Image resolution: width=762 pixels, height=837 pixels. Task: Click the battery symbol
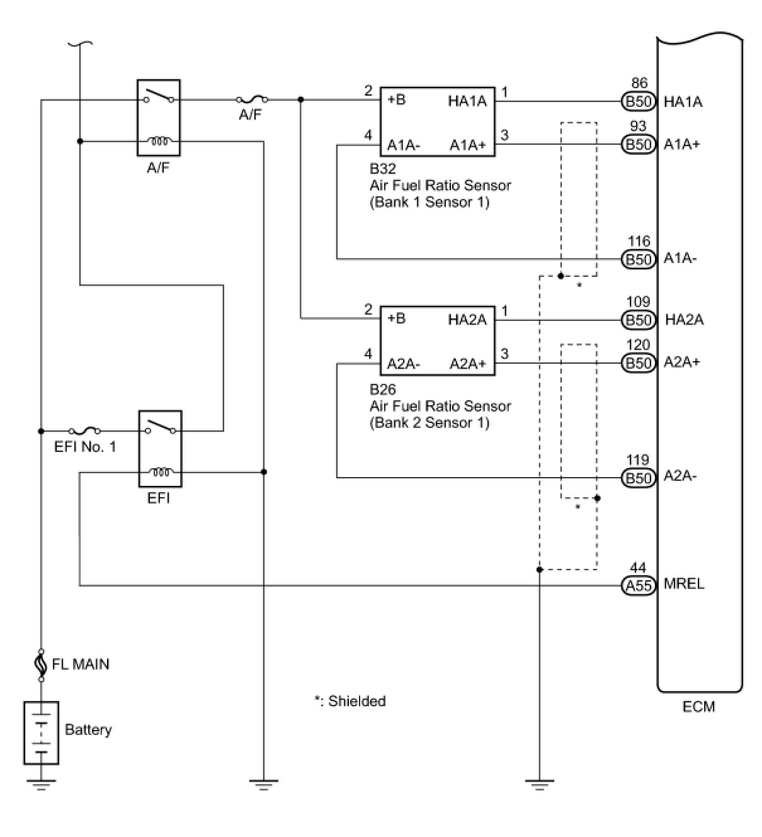41,733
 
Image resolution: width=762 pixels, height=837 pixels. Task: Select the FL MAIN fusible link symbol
42,665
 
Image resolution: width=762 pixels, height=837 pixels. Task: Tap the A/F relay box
159,118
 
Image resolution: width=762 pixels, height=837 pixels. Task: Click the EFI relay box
160,449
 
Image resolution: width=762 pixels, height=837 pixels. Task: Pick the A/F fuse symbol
251,99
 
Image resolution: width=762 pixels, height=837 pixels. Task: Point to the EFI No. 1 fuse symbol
84,431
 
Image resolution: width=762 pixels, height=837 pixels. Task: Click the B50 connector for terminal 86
638,101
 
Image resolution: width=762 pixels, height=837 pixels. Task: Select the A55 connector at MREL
638,586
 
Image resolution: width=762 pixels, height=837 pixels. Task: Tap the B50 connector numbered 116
638,259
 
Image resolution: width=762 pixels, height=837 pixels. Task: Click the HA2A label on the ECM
684,320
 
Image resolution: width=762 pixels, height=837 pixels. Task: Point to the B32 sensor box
437,121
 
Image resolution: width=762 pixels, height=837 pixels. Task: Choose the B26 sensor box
437,341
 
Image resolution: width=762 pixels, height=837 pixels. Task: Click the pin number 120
638,345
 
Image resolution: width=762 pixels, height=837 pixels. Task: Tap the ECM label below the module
698,706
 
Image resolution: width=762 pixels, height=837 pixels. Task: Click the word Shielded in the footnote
357,701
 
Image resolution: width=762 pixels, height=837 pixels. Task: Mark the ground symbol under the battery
41,784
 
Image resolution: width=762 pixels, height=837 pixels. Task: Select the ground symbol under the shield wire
540,784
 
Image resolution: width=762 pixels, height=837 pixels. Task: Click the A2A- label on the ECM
680,476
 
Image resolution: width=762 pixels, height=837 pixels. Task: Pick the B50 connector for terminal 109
638,320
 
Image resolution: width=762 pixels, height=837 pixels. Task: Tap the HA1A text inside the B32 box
467,101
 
